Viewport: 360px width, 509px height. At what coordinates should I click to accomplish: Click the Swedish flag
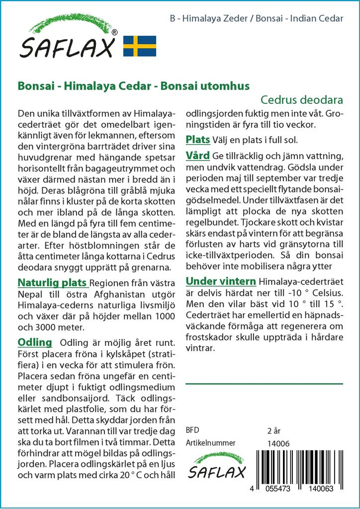(140, 46)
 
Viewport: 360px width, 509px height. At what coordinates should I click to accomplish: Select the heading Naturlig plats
(52, 283)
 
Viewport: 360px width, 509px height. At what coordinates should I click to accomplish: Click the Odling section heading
(35, 342)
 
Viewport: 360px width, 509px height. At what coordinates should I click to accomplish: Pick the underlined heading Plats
(197, 139)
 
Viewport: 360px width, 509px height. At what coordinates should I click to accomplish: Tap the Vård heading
(197, 156)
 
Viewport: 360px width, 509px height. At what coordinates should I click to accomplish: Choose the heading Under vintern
(221, 282)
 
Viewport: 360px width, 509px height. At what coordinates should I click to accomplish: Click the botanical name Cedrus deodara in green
(302, 99)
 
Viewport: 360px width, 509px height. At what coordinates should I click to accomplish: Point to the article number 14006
(278, 443)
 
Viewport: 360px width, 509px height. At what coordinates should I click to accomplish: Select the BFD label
(192, 430)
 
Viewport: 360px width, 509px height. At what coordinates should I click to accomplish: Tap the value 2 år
(274, 430)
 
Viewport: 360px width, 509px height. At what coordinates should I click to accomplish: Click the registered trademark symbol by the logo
(115, 32)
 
